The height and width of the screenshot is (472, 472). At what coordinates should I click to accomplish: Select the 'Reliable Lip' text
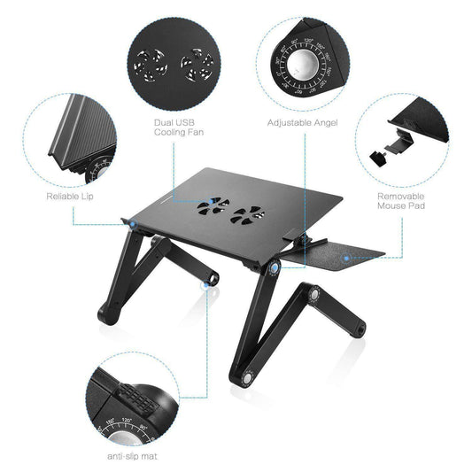pos(68,195)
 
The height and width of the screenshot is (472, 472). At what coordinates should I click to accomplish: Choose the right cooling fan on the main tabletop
pos(248,214)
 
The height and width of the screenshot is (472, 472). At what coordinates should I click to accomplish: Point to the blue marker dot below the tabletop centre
pos(276,267)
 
